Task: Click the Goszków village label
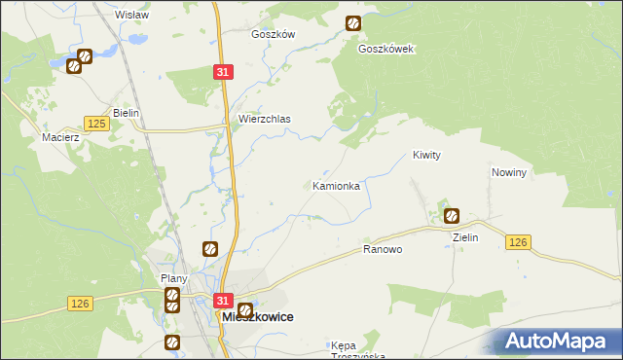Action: [x=273, y=33]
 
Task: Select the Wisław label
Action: [x=131, y=15]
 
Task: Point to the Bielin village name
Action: [x=127, y=113]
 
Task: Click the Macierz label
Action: [x=59, y=138]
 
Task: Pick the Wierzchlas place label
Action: [x=265, y=120]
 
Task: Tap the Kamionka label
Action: [x=337, y=185]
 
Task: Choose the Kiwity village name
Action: [x=427, y=155]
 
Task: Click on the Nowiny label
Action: [x=509, y=172]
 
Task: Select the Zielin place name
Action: [x=464, y=236]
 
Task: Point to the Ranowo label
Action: [x=383, y=249]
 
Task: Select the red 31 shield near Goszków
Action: [x=224, y=72]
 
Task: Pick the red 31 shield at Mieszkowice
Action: [x=224, y=302]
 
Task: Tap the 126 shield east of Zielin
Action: [x=518, y=242]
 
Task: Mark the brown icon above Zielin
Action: [x=452, y=216]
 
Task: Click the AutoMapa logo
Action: [x=560, y=341]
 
